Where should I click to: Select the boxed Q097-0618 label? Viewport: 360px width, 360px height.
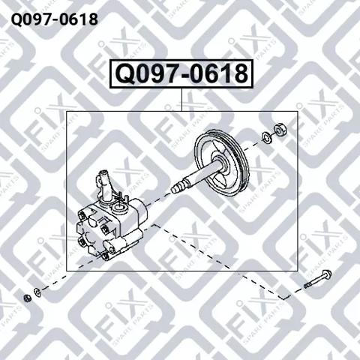(180, 73)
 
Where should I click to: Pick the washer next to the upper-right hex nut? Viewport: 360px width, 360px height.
(266, 137)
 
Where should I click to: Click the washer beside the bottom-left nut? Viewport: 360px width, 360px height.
(37, 291)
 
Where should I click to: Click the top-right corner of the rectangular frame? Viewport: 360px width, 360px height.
(298, 110)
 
